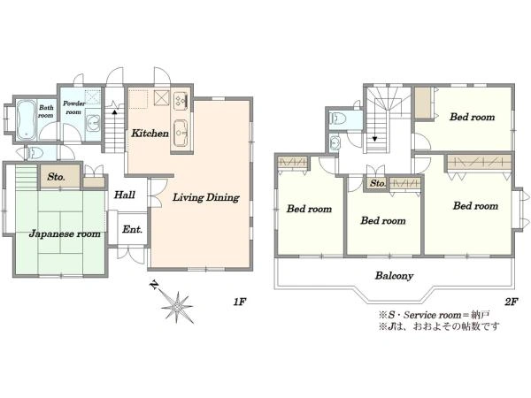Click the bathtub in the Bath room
[x=26, y=119]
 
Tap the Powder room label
[x=73, y=107]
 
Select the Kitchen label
[x=150, y=133]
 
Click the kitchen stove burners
[x=181, y=100]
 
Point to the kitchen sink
[x=181, y=133]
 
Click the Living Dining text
[x=206, y=197]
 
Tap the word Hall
[x=124, y=195]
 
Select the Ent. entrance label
[x=132, y=229]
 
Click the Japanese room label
[x=65, y=233]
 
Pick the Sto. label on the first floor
[x=57, y=177]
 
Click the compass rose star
[x=177, y=307]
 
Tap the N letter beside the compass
[x=154, y=285]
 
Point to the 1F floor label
[x=239, y=302]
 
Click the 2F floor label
[x=512, y=302]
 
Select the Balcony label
[x=394, y=276]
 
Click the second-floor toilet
[x=338, y=119]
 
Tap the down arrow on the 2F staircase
[x=374, y=139]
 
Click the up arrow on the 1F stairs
[x=114, y=111]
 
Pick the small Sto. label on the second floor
[x=377, y=183]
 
